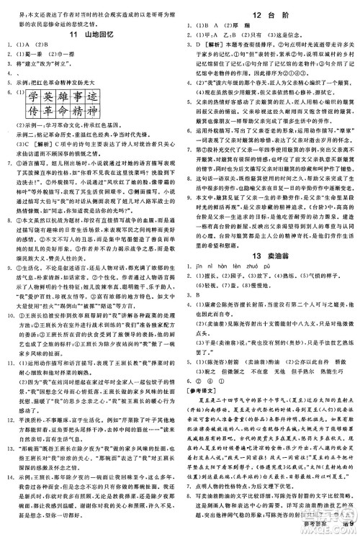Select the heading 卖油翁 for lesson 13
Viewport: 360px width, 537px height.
(274, 279)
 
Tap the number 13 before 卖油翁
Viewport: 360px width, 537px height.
(251, 279)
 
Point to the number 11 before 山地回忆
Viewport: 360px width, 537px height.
(73, 35)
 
